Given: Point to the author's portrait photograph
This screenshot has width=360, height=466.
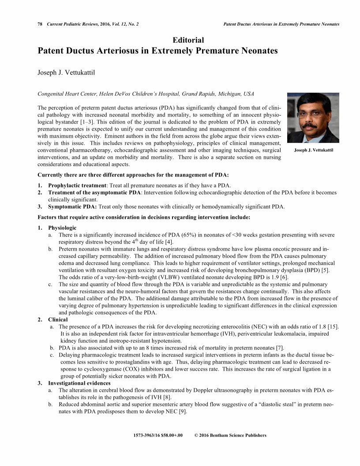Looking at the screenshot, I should (313, 117).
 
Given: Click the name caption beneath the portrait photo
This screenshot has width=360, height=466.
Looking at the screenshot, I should (313, 150).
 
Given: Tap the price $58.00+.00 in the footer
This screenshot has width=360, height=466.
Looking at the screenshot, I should (169, 436).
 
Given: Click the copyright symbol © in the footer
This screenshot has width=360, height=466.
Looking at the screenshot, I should (196, 436).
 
